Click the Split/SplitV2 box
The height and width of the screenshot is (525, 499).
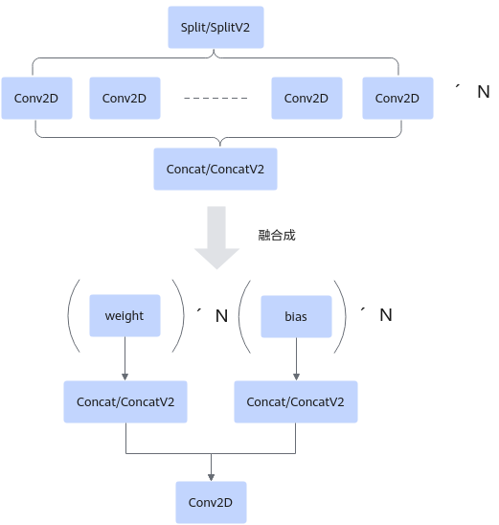tap(215, 27)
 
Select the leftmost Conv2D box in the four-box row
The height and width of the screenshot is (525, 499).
tap(36, 98)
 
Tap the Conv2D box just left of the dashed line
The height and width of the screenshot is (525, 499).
tap(125, 98)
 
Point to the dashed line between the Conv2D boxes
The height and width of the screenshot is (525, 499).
tap(215, 98)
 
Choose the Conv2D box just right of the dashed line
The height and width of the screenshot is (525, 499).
tap(306, 98)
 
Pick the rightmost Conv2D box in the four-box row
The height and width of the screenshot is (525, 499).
tap(397, 98)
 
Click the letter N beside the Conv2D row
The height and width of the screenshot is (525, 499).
tap(484, 92)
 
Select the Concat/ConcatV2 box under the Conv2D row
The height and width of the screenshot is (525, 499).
tap(215, 169)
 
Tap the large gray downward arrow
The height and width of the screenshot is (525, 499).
tap(216, 238)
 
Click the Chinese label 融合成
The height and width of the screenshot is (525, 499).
tap(277, 236)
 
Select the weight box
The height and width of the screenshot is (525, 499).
tap(125, 315)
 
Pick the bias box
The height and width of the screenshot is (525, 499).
tap(296, 316)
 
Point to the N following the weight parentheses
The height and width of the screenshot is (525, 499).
tap(221, 316)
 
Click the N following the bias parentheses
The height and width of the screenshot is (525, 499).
tap(386, 315)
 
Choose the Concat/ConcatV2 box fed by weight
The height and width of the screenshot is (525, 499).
tap(125, 401)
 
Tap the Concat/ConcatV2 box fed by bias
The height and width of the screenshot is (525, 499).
tap(296, 401)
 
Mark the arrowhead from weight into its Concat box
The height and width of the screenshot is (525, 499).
tap(125, 377)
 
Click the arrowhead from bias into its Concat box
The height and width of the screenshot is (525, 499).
tap(296, 377)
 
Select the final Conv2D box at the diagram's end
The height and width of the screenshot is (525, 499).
tap(211, 502)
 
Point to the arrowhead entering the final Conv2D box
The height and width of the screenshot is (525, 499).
tap(211, 478)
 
